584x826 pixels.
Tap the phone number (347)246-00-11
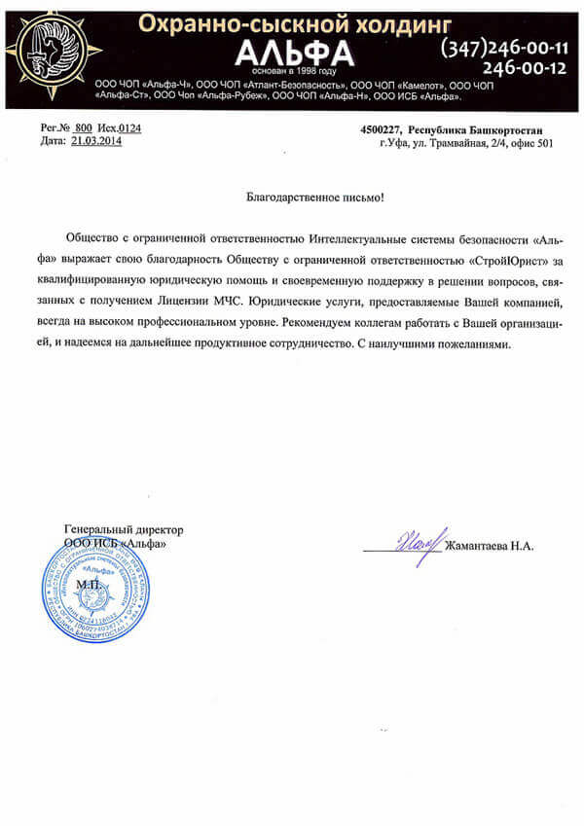[504, 47]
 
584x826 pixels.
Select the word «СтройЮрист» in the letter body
[505, 259]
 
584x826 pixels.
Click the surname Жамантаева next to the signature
[477, 546]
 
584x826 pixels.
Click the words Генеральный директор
[124, 529]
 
